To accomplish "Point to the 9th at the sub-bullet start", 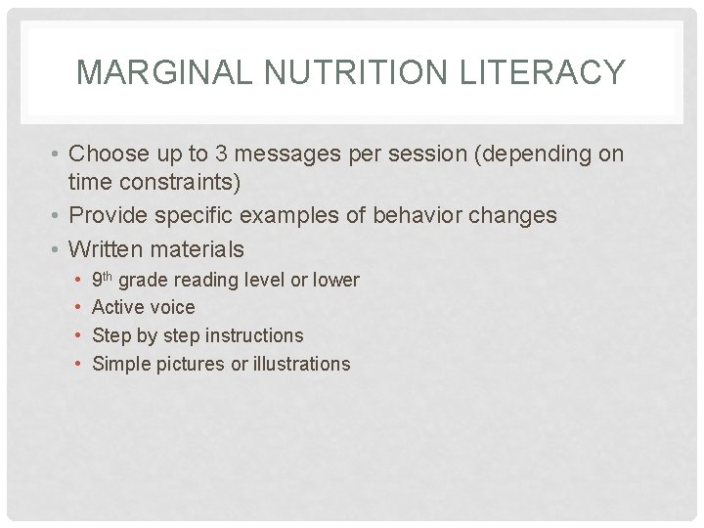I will [103, 279].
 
